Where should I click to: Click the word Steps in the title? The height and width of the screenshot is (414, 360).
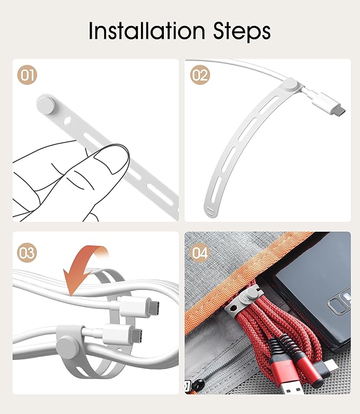point(242,32)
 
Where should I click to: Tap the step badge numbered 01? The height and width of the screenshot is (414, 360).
point(27,75)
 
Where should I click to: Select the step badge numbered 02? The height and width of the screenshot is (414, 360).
point(200,75)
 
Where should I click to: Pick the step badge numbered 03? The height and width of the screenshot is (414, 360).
point(27,253)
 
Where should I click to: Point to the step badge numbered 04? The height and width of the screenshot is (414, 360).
point(200,253)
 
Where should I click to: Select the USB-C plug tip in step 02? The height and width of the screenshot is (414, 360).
point(339,111)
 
